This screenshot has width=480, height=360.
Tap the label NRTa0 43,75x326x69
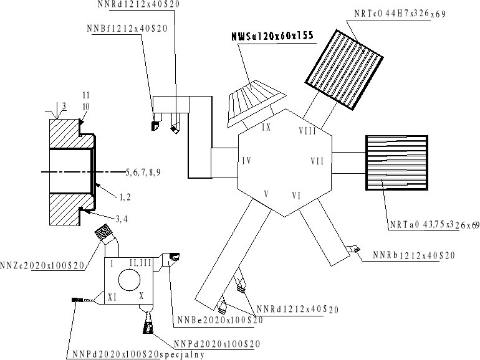click(x=430, y=224)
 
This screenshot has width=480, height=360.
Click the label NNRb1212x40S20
click(x=414, y=255)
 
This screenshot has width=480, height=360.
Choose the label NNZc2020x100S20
click(x=42, y=266)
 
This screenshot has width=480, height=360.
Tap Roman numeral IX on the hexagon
click(x=266, y=127)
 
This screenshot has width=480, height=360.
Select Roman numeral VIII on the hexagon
click(x=307, y=131)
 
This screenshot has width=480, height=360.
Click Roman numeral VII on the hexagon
click(x=317, y=161)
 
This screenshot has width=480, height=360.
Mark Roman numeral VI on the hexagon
click(x=297, y=196)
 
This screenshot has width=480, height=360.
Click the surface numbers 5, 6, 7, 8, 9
click(x=143, y=171)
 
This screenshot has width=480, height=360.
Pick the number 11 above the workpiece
click(x=86, y=94)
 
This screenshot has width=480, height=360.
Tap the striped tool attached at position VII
click(x=397, y=162)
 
